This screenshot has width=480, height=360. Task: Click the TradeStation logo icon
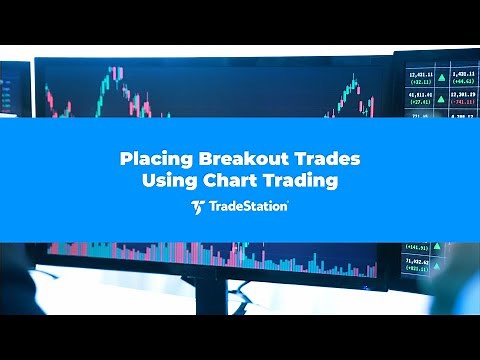click(x=197, y=207)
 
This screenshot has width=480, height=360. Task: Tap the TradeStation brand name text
click(x=249, y=207)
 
